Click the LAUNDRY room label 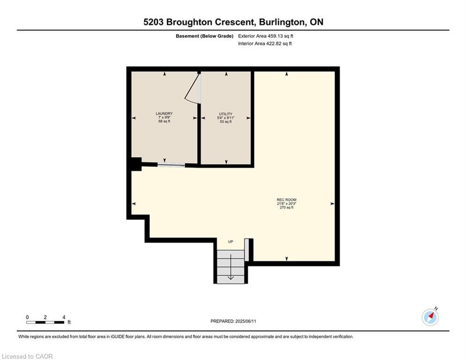[x=164, y=113]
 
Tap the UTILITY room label [x=226, y=114]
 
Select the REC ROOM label [x=286, y=200]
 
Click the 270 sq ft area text [x=286, y=208]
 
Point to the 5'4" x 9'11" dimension [x=226, y=118]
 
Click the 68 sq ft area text [x=164, y=121]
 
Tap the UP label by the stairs [x=230, y=242]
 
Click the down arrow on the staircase [x=230, y=277]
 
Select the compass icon [x=430, y=317]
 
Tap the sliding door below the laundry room [x=171, y=164]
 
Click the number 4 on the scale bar [x=64, y=317]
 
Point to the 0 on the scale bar [x=27, y=317]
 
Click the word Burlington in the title [x=274, y=22]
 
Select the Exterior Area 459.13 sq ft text [x=266, y=36]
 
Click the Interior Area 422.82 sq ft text [x=265, y=44]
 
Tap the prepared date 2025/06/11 [x=253, y=321]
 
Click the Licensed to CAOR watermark [x=27, y=356]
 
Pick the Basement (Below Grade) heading [x=204, y=36]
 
